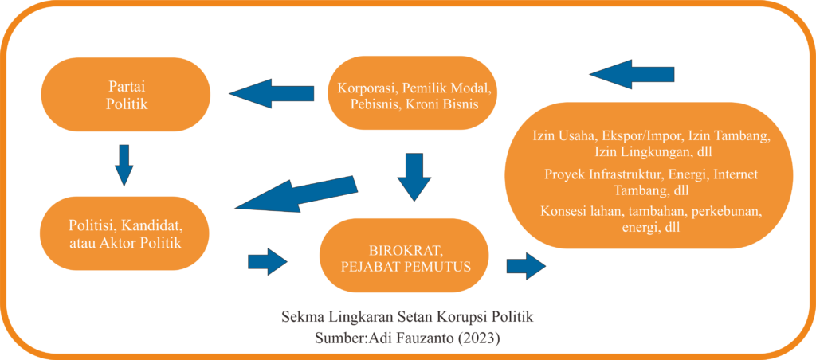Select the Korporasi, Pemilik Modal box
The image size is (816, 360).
point(414,94)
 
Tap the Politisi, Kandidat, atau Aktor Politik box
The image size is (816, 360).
point(124,233)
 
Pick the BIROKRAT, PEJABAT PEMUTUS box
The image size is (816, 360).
point(404,256)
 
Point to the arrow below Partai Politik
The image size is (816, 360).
point(124,164)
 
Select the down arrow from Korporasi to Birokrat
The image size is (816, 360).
point(414,176)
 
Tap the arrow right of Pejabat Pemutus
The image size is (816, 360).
point(526,264)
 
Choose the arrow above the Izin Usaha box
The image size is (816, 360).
point(632,74)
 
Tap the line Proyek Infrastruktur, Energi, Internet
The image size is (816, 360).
point(650,174)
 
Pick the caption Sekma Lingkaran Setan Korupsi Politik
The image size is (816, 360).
point(407,317)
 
